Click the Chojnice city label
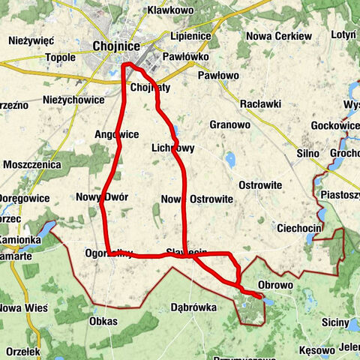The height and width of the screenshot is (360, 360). click(116, 46)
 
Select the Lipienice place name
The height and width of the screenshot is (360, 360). click(191, 35)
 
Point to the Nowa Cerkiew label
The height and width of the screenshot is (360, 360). click(278, 35)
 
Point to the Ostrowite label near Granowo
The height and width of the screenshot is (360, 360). click(259, 184)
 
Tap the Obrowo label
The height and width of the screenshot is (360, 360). click(275, 285)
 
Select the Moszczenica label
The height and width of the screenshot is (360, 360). click(31, 163)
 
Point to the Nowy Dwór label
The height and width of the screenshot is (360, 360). click(102, 197)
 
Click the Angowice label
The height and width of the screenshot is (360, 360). click(116, 135)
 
